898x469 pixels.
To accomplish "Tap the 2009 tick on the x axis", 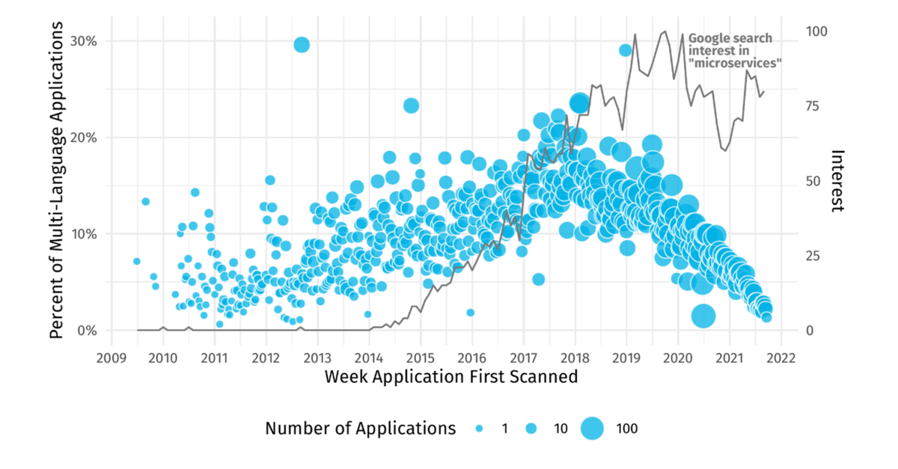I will [x=111, y=357].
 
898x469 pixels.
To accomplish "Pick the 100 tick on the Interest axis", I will [x=817, y=32].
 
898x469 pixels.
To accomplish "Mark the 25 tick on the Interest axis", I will [x=814, y=256].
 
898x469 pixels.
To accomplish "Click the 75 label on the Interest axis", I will [x=814, y=106].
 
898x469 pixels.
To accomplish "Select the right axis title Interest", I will [x=839, y=180].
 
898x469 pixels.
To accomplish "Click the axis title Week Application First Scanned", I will [x=451, y=377].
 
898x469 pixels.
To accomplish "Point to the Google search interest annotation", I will [x=733, y=51].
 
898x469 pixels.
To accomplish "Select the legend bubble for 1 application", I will [x=480, y=429].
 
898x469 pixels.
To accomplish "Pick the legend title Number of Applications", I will [x=360, y=429].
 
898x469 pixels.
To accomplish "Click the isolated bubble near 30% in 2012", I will [x=302, y=45].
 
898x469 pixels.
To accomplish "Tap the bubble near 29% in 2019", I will [x=626, y=50].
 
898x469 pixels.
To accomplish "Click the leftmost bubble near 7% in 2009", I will [x=136, y=261].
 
